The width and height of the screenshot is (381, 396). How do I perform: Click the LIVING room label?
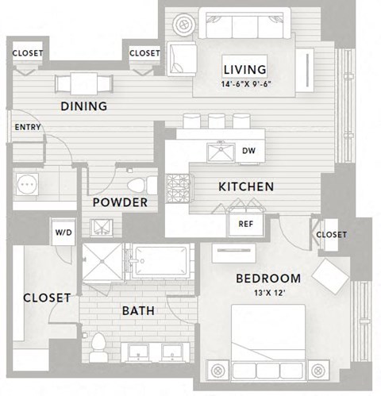pyautogui.click(x=244, y=69)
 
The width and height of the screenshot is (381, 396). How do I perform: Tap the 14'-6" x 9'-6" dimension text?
pyautogui.click(x=244, y=83)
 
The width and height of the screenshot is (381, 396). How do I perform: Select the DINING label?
pyautogui.click(x=83, y=106)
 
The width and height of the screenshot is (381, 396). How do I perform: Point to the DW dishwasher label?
pyautogui.click(x=247, y=150)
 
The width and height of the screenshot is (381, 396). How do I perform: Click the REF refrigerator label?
pyautogui.click(x=245, y=224)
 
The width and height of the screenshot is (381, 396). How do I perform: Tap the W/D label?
pyautogui.click(x=63, y=233)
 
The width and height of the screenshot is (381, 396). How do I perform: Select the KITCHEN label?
pyautogui.click(x=246, y=187)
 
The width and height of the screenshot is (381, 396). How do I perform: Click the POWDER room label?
pyautogui.click(x=120, y=202)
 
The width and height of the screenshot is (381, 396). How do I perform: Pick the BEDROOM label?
pyautogui.click(x=268, y=279)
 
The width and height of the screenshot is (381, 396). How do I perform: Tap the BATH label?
pyautogui.click(x=137, y=310)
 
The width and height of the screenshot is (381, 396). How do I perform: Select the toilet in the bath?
pyautogui.click(x=99, y=346)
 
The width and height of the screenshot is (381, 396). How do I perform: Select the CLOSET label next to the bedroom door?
pyautogui.click(x=331, y=235)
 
